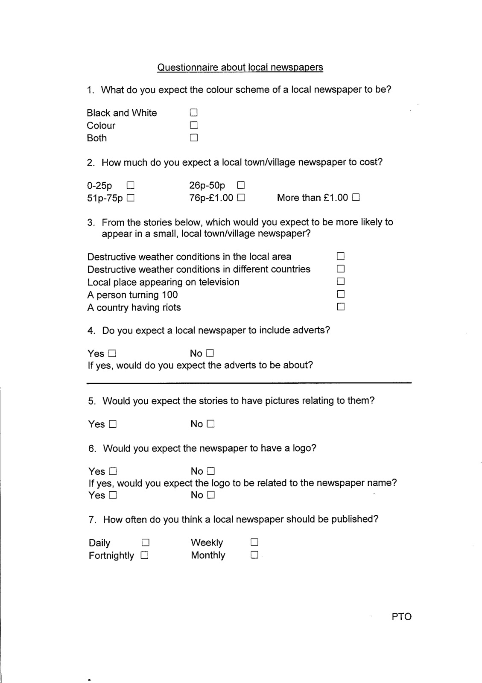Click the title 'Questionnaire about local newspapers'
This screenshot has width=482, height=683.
[x=240, y=67]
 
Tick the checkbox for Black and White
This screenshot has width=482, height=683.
[x=194, y=113]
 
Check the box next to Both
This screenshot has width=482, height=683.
[x=194, y=138]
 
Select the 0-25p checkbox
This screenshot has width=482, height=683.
[x=130, y=186]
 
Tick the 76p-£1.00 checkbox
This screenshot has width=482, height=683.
[x=241, y=198]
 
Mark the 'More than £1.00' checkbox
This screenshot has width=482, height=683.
[x=356, y=198]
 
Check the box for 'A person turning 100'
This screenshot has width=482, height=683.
[x=341, y=295]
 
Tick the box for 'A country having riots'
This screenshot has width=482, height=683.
[x=341, y=307]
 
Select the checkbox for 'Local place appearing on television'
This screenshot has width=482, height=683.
[x=341, y=282]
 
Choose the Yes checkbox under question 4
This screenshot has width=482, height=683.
[x=112, y=353]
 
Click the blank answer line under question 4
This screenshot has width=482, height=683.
[x=249, y=383]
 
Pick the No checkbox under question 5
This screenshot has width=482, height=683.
[x=210, y=424]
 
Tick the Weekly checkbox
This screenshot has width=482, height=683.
[x=254, y=543]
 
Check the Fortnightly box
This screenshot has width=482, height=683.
[x=144, y=555]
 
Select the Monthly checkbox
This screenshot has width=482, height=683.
[x=254, y=555]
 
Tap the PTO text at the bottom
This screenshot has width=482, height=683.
[x=401, y=617]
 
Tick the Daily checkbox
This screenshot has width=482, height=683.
[x=145, y=543]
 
